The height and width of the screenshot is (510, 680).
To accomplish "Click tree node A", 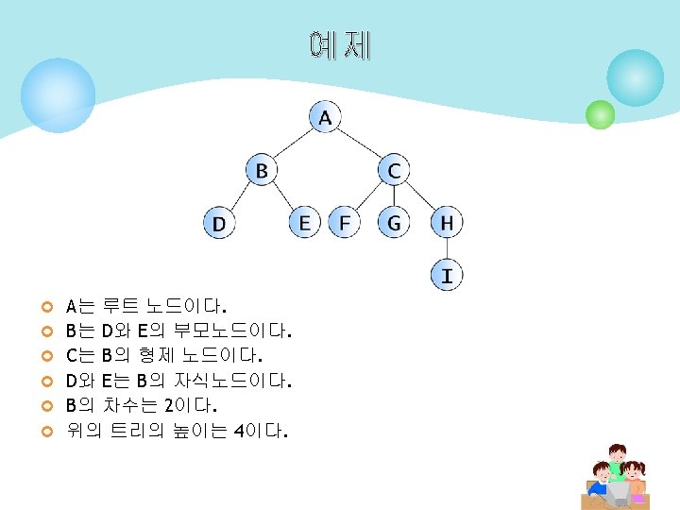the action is [x=325, y=118].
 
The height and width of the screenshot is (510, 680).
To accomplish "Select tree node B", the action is [x=262, y=171].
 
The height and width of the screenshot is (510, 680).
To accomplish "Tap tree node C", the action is [x=394, y=171].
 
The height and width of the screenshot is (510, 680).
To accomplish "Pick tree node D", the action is [x=219, y=224].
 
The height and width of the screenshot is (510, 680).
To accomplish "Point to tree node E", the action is [x=304, y=223].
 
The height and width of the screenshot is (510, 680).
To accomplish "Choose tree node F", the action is [x=345, y=223].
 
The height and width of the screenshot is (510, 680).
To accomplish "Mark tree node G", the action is [x=394, y=223].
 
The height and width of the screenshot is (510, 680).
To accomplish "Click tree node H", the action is [x=447, y=223].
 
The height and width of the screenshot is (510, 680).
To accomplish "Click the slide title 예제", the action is [x=340, y=45].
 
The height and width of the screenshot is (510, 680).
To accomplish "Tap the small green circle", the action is [x=600, y=114].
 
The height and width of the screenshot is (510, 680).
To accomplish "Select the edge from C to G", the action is [x=394, y=196].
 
